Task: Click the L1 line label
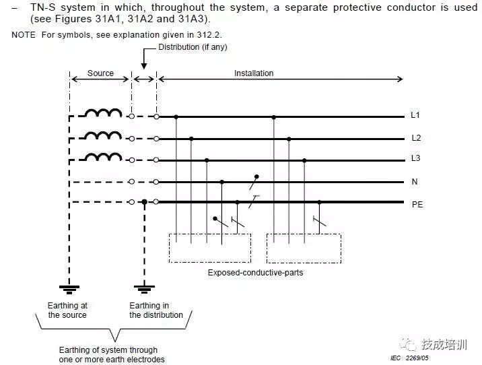pyautogui.click(x=415, y=116)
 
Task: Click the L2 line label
pyautogui.click(x=415, y=138)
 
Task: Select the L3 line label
pyautogui.click(x=415, y=160)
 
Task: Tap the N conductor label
pyautogui.click(x=415, y=182)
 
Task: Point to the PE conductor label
pyautogui.click(x=417, y=203)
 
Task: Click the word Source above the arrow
pyautogui.click(x=100, y=73)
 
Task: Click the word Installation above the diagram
pyautogui.click(x=254, y=73)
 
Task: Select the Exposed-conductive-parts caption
pyautogui.click(x=255, y=273)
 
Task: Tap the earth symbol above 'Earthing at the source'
pyautogui.click(x=69, y=290)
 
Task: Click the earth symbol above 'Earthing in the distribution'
pyautogui.click(x=144, y=290)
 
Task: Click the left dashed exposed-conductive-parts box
pyautogui.click(x=209, y=248)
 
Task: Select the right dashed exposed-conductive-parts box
pyautogui.click(x=304, y=248)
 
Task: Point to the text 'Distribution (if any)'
pyautogui.click(x=188, y=47)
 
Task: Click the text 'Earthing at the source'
pyautogui.click(x=67, y=310)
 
